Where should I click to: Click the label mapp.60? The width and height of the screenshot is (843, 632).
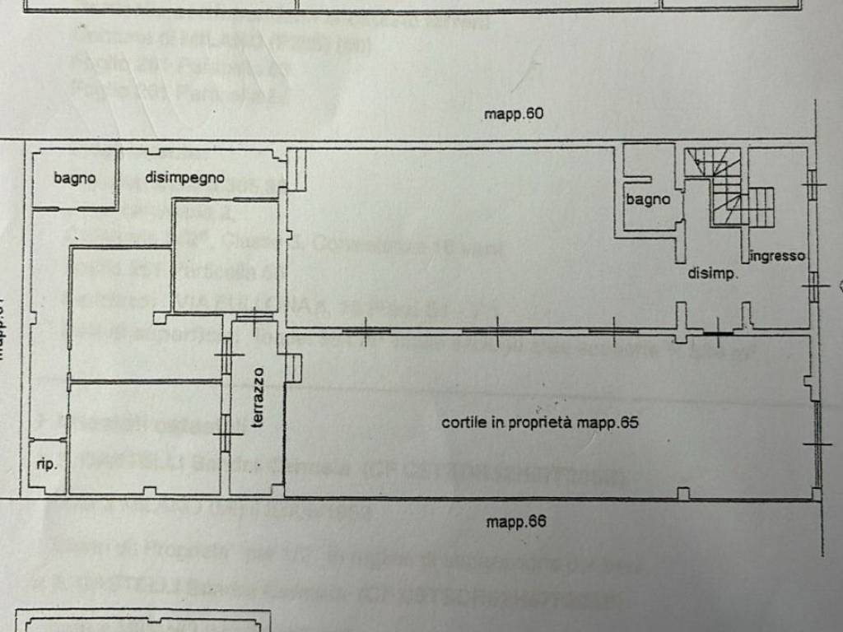coord(515,114)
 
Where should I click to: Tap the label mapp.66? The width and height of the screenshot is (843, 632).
coord(516,521)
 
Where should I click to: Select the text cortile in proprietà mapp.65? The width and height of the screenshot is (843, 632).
coord(540,423)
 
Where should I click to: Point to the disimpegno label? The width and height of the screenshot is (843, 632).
coord(185,177)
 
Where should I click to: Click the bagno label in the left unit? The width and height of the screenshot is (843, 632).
coord(75,177)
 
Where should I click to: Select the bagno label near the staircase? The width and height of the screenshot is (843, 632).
coord(648,199)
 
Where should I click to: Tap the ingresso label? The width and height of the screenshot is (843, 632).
coord(777,256)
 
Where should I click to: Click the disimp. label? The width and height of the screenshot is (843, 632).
coord(713,275)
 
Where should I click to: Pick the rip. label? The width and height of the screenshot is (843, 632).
coord(47,464)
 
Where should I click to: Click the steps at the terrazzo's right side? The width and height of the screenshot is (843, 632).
coord(294,368)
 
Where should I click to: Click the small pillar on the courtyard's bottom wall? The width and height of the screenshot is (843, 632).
coord(682,493)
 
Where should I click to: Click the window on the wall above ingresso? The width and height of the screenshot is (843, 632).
coord(812,184)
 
